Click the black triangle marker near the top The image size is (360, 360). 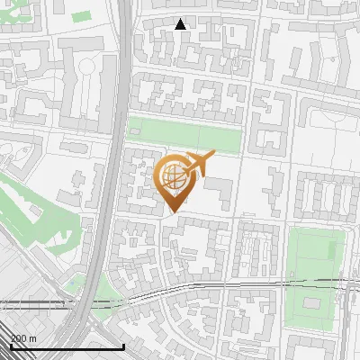pos(181,24)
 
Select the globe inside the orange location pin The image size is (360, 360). pos(173,176)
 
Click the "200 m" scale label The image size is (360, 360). pos(22,337)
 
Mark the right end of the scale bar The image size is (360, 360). pos(123,346)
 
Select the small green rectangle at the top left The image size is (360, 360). pos(82,17)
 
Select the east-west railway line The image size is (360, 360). pos(225,285)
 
